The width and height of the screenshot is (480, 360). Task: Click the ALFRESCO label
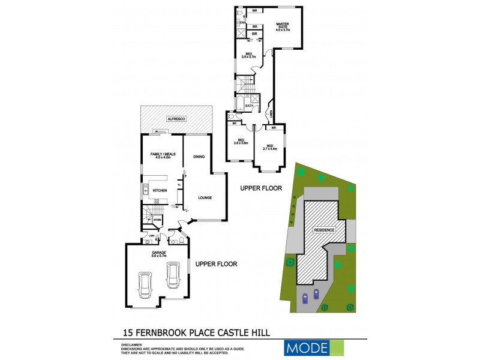(x=177, y=120)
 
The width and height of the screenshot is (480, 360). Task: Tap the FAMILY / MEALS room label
(x=160, y=157)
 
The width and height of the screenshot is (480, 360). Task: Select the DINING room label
(x=199, y=157)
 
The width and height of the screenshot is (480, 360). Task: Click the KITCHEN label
(x=159, y=191)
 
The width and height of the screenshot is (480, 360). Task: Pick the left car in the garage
(x=144, y=284)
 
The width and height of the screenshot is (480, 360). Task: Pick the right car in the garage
(x=172, y=277)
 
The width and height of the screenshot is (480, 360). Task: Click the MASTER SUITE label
(x=283, y=26)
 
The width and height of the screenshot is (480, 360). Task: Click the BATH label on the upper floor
(x=248, y=106)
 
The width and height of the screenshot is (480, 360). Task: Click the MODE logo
(x=307, y=347)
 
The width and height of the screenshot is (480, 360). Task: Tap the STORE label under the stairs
(x=157, y=221)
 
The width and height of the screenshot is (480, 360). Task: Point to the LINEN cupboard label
(x=271, y=113)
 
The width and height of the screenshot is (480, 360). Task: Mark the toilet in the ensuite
(x=239, y=12)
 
